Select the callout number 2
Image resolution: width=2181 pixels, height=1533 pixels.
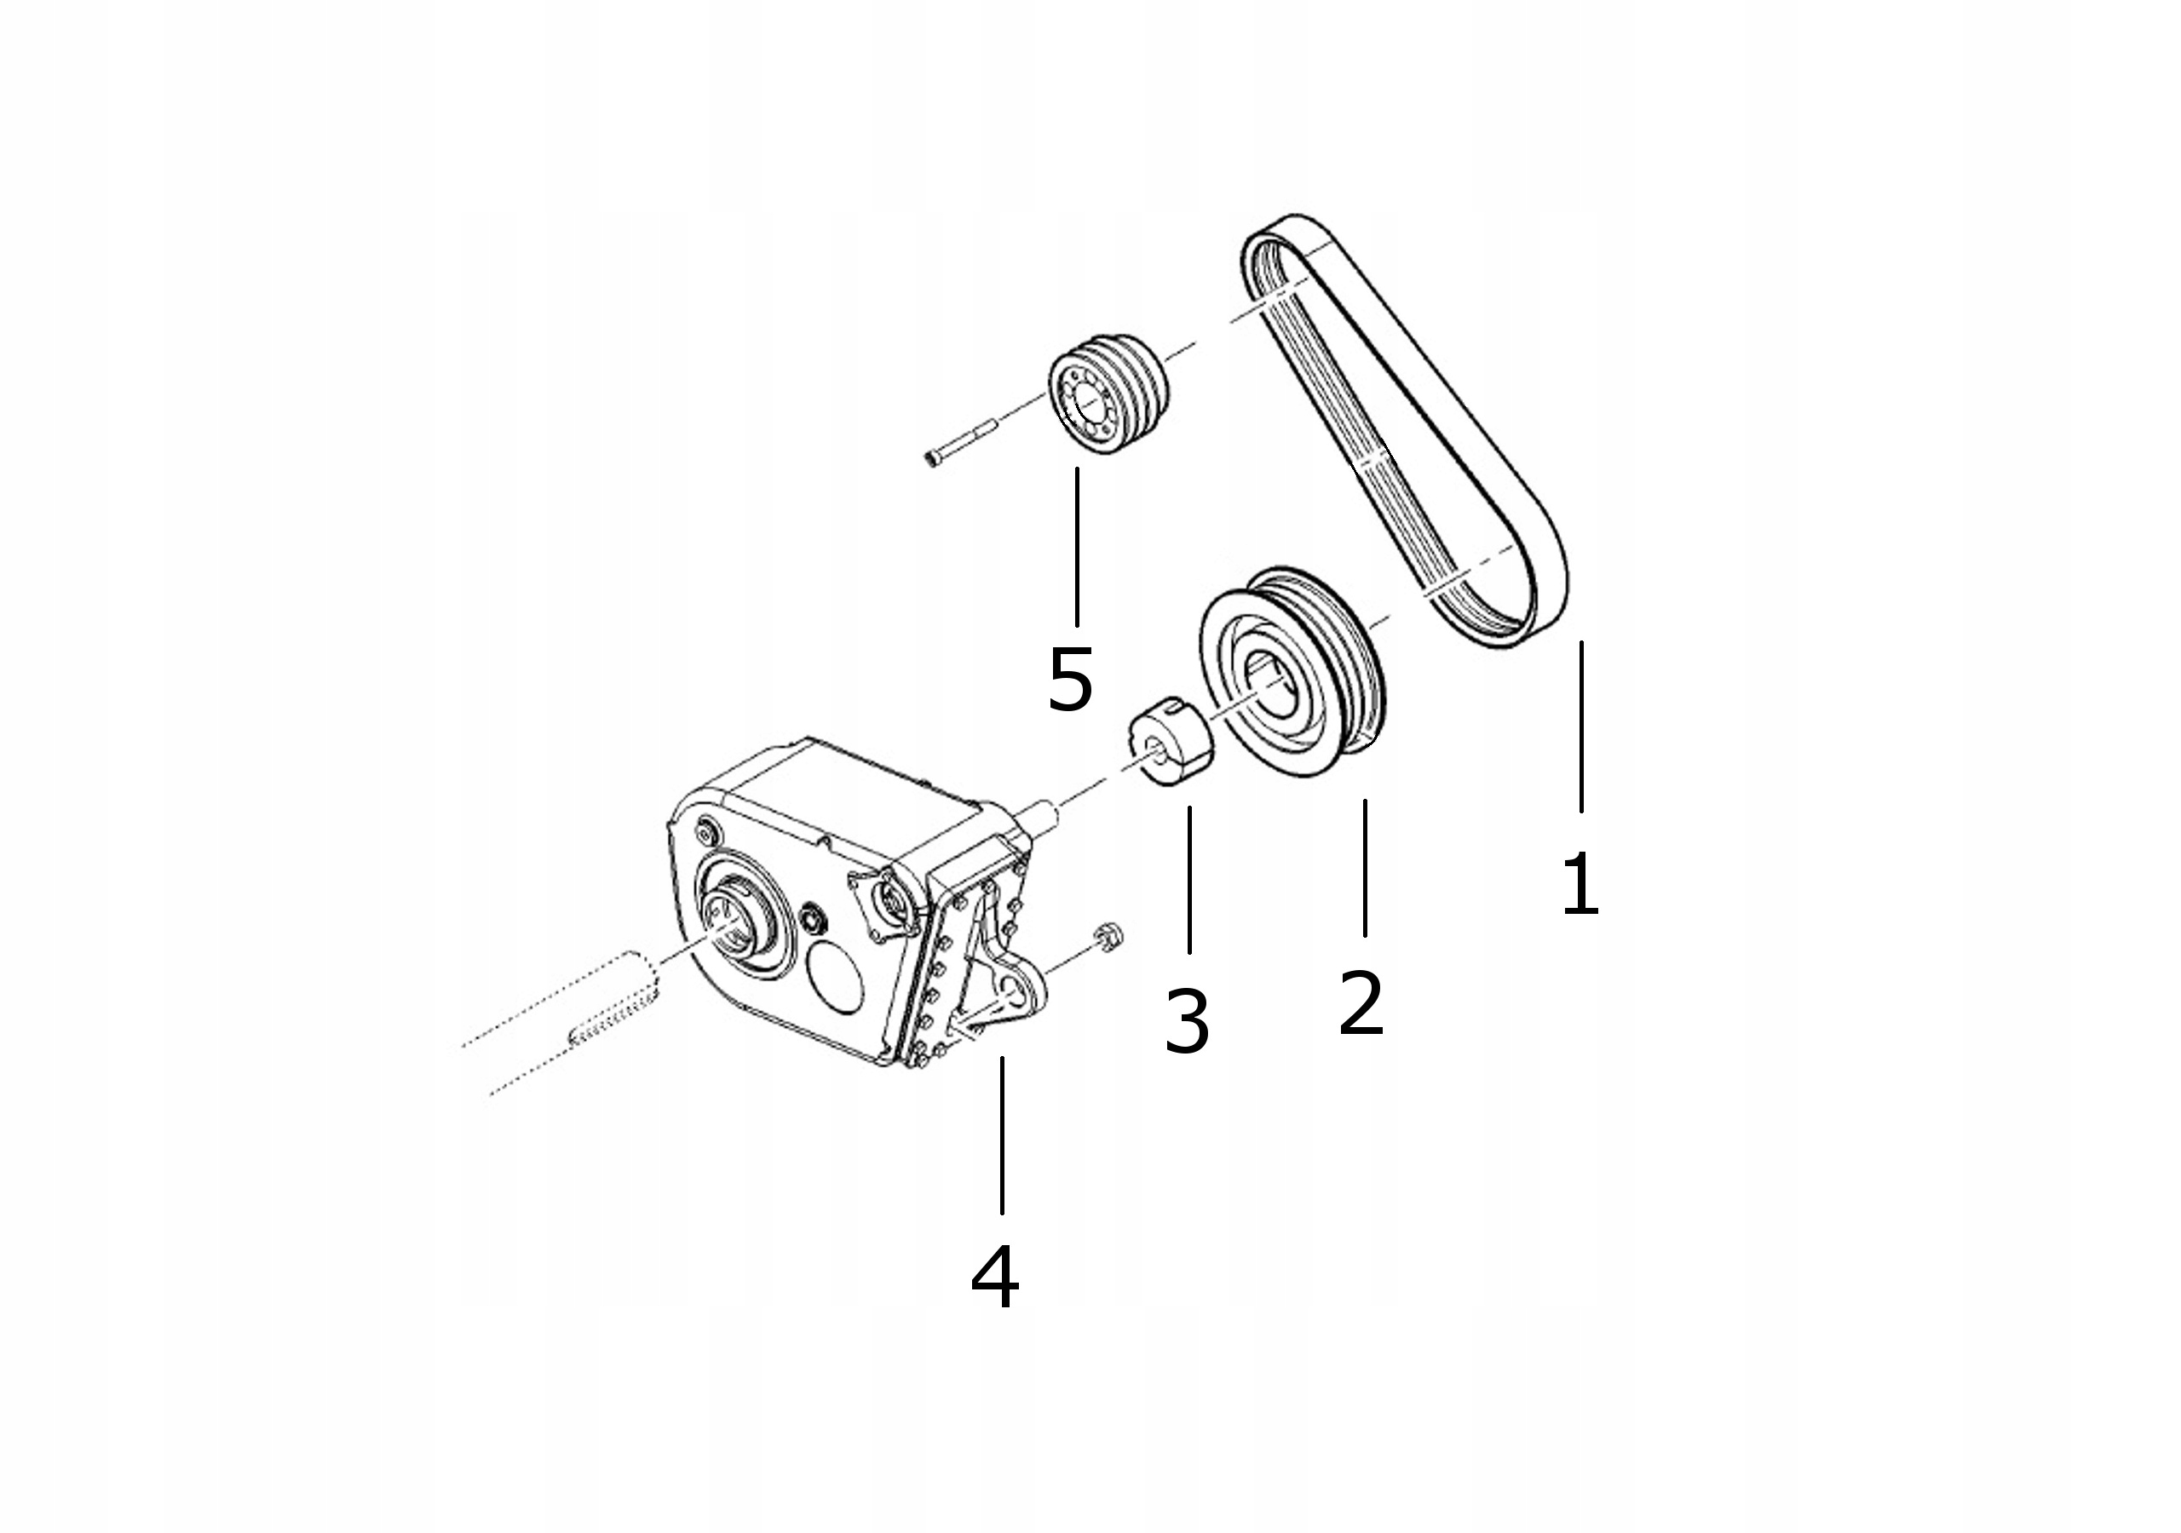[x=1361, y=1002]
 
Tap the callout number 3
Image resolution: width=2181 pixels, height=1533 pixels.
[x=1187, y=1021]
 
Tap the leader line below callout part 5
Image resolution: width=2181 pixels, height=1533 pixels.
[x=1077, y=547]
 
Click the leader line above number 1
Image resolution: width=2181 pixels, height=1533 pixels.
[x=1581, y=726]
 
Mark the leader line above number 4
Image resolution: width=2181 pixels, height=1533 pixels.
[x=1002, y=1135]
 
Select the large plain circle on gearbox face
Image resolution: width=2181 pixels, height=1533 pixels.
[x=834, y=976]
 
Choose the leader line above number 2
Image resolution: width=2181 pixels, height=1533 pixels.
[x=1365, y=868]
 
